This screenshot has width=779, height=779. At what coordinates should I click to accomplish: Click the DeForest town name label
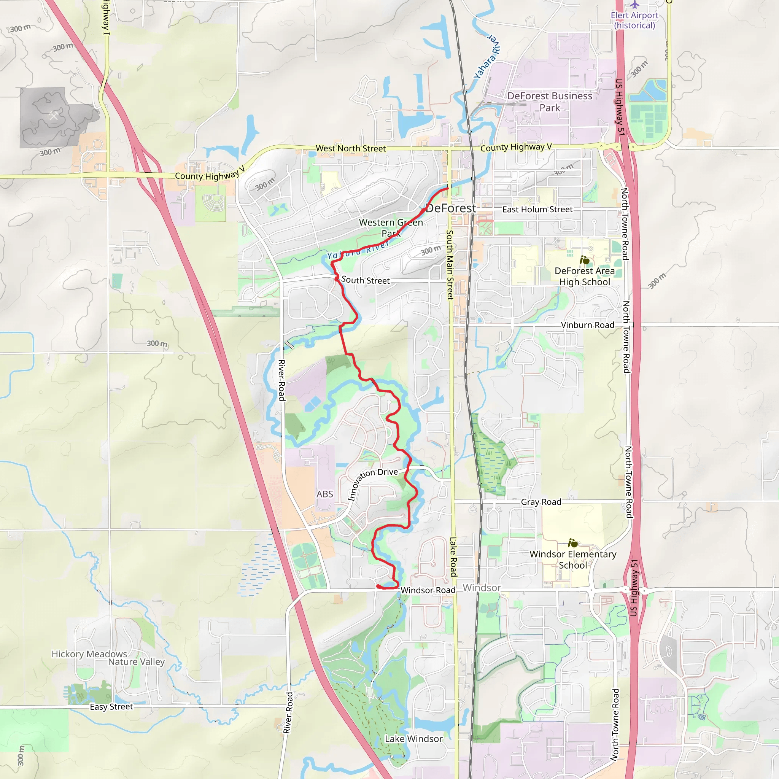point(451,208)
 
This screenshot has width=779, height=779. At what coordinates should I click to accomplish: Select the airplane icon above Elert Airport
point(635,5)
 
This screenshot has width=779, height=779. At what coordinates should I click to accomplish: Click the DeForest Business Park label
point(550,102)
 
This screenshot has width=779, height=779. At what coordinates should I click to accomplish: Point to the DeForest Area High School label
point(585,276)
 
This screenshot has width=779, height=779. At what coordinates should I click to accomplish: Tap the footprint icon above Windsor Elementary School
point(572,543)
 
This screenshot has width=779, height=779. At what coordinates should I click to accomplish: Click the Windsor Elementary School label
point(572,560)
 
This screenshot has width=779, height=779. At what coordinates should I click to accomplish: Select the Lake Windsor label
point(413,739)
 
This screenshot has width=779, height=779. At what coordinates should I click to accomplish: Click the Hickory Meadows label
point(89,654)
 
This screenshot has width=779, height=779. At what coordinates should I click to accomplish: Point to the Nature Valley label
point(136,662)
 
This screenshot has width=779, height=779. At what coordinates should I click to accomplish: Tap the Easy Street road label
point(111,707)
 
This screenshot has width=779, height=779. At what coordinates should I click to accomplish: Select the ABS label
point(324,494)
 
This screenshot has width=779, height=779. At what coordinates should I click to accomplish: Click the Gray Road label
point(541,502)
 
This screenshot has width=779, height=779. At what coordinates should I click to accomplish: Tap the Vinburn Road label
point(587,325)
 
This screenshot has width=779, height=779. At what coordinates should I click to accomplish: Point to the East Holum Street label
point(537,209)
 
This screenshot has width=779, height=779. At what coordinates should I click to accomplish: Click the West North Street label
point(350,148)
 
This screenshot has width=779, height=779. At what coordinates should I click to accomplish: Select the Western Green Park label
point(391,228)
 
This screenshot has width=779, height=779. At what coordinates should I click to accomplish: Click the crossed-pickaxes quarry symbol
point(54,116)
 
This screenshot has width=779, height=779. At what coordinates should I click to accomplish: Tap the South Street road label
point(365,280)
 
